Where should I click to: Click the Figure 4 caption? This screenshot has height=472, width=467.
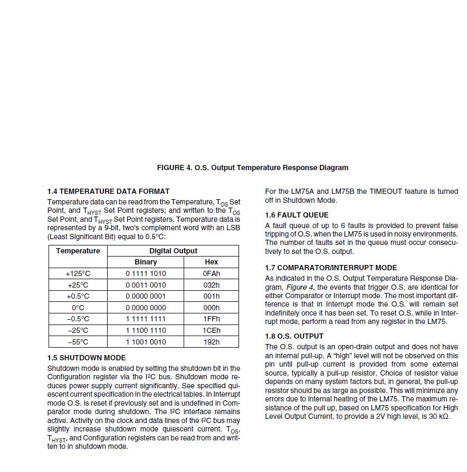click(x=252, y=168)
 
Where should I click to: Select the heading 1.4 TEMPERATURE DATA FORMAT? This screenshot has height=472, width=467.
click(x=108, y=191)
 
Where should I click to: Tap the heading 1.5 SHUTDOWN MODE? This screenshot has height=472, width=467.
click(x=86, y=358)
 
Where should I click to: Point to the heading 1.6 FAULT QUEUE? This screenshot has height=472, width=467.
click(x=297, y=215)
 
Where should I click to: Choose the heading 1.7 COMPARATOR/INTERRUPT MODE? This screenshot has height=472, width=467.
click(x=331, y=268)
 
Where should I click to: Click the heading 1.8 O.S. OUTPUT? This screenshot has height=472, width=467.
click(x=294, y=336)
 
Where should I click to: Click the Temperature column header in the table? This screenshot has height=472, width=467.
click(x=78, y=251)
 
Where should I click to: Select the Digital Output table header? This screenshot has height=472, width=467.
click(x=173, y=251)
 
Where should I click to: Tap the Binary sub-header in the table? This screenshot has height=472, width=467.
click(x=146, y=262)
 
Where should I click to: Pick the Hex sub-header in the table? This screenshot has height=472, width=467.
click(x=211, y=262)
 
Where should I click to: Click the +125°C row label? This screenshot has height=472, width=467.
click(x=78, y=273)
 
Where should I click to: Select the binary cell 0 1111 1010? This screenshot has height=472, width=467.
click(x=146, y=273)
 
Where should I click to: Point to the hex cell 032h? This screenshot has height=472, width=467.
click(x=211, y=285)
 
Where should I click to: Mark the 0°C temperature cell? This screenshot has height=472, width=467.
click(x=78, y=308)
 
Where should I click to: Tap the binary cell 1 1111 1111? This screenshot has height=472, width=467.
click(x=146, y=319)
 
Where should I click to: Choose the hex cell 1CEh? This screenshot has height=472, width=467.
click(x=211, y=330)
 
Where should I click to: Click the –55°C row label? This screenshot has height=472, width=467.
click(x=78, y=342)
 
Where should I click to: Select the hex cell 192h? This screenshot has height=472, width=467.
click(x=211, y=342)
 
